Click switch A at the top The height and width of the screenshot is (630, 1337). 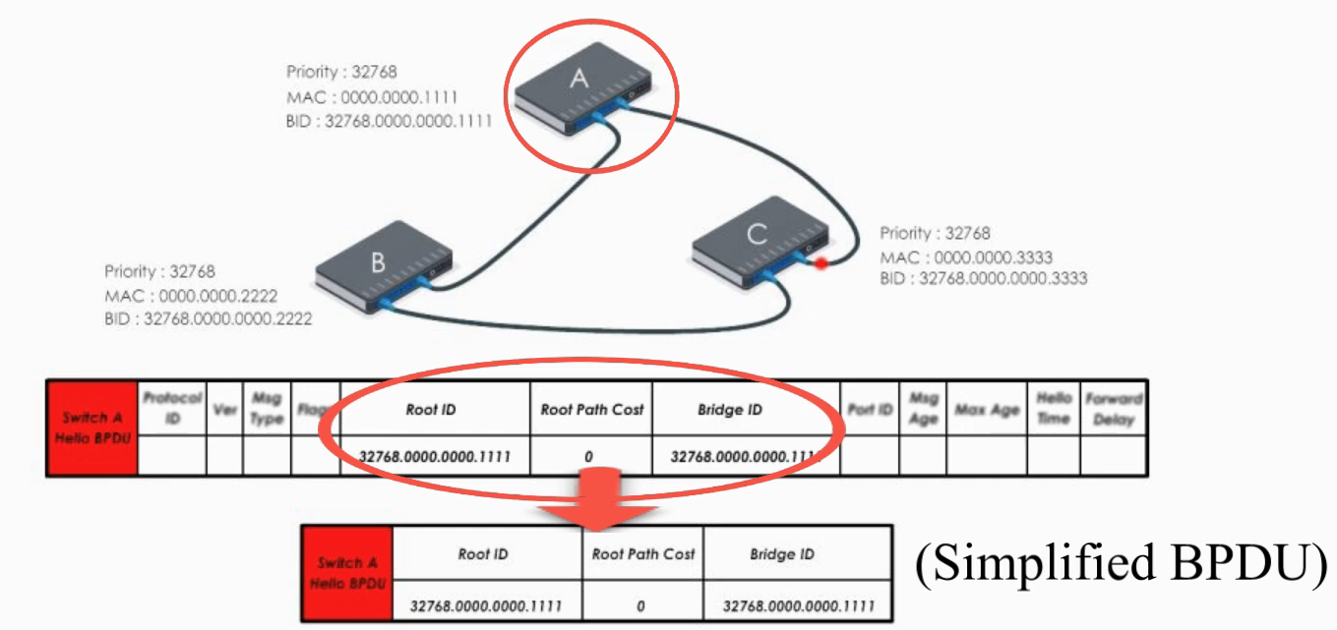point(580,94)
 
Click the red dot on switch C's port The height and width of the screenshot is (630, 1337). point(819,262)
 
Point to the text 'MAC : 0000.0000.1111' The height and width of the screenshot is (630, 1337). point(372,97)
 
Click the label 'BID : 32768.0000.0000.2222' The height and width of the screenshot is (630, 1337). point(209,318)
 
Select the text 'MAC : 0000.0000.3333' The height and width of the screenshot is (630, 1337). point(966,257)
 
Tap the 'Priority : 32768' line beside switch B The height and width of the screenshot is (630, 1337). point(159,271)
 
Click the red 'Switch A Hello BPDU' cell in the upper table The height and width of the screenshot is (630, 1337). point(91,428)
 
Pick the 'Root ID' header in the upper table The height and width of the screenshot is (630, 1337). point(431,409)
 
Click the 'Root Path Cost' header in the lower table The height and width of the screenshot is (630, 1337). point(643,554)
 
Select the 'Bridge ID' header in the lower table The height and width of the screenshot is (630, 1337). point(782,554)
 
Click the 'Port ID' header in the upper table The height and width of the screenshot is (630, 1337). point(871,409)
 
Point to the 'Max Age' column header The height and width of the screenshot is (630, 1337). point(987,409)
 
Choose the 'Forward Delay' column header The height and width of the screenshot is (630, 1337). point(1114,409)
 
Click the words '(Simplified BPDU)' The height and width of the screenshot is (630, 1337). point(1122,563)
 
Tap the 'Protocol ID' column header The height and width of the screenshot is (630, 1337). point(172,408)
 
